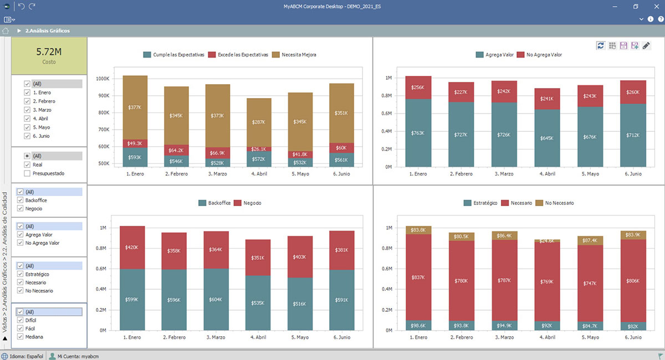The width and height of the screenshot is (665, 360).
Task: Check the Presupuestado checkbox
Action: coord(27,173)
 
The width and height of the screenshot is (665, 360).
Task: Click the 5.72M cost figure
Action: coord(49,52)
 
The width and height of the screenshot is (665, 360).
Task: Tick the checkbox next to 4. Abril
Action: coord(27,119)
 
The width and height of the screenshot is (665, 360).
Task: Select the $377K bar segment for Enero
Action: coord(135,107)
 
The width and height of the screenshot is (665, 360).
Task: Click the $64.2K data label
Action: coord(176,150)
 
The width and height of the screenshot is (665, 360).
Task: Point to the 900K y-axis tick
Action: coord(103,96)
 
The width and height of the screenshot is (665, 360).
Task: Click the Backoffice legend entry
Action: coord(217,203)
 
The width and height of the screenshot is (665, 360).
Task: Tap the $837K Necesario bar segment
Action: coord(419,277)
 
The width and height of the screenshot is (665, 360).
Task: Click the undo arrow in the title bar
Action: coord(21,6)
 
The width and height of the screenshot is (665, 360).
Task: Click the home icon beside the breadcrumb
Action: coord(6,31)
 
